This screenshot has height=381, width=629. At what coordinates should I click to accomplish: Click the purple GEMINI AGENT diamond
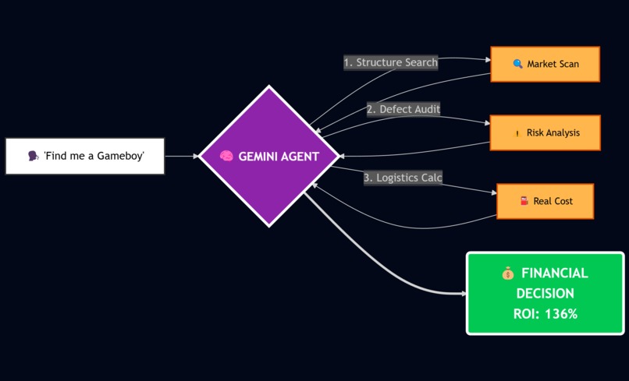click(268, 156)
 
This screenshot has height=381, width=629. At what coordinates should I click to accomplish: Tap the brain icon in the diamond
click(226, 157)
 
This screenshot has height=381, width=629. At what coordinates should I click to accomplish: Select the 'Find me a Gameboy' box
click(85, 156)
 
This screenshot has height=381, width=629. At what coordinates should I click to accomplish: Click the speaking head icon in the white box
click(33, 157)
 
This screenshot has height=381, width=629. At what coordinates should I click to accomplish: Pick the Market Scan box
click(545, 64)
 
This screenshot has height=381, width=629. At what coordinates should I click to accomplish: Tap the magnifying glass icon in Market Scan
click(517, 64)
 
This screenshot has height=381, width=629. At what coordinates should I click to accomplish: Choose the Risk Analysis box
click(545, 132)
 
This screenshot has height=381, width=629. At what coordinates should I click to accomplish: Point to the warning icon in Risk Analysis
click(517, 133)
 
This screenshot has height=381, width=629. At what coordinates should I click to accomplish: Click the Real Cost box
click(545, 201)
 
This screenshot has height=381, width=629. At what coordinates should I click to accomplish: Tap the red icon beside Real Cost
click(524, 201)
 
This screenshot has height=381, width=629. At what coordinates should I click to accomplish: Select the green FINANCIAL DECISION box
click(545, 293)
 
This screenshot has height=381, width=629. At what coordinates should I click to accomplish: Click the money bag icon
click(508, 273)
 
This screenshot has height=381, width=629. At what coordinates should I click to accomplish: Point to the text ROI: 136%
click(545, 314)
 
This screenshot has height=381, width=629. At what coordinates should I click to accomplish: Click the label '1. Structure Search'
click(390, 62)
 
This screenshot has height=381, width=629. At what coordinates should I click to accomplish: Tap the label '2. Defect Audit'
click(403, 109)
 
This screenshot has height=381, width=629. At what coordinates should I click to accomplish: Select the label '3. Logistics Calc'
click(403, 178)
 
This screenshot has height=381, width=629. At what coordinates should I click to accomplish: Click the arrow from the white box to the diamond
click(181, 156)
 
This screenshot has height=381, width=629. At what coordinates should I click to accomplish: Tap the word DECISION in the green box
click(545, 294)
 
